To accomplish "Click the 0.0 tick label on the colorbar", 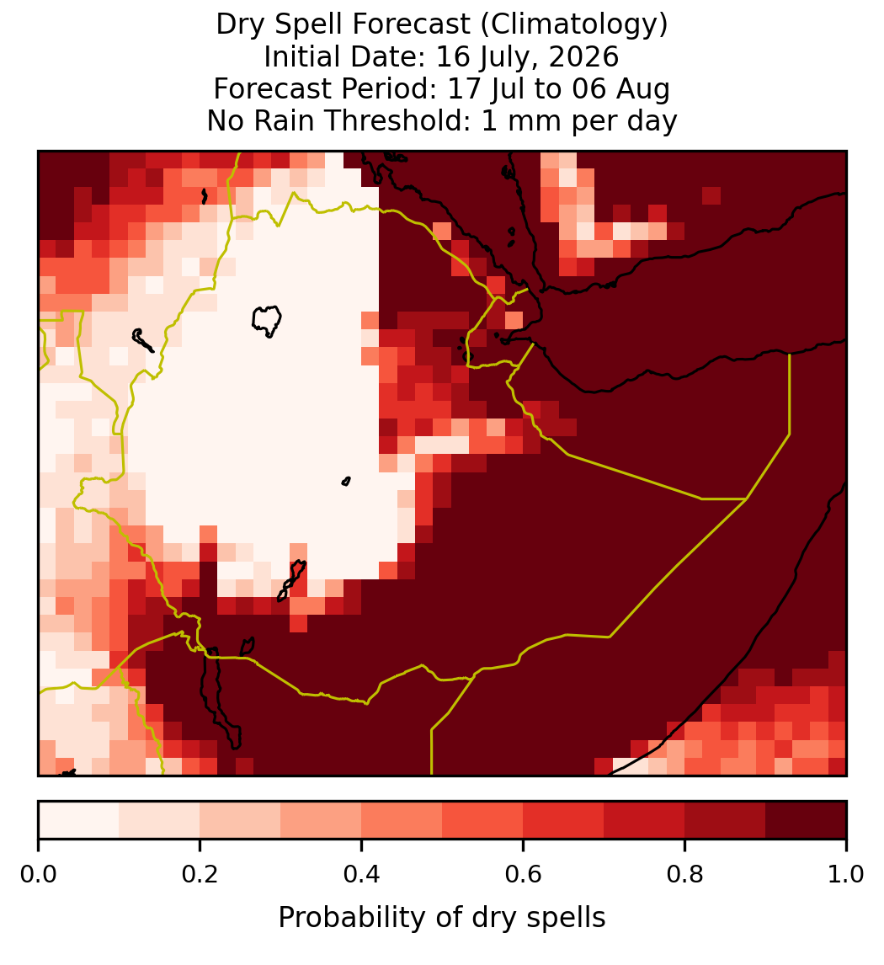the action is click(38, 874).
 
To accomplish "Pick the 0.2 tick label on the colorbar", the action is click(200, 874).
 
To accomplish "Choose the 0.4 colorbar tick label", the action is click(362, 874).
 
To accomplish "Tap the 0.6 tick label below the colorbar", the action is click(524, 874).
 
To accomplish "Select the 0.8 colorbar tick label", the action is click(684, 874).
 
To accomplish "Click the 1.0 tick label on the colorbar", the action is click(846, 874).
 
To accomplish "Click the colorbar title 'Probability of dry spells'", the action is click(442, 918).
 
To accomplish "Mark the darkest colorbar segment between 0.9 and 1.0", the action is click(806, 820).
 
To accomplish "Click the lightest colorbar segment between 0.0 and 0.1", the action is click(79, 820).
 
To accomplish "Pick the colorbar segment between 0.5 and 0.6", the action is click(483, 820).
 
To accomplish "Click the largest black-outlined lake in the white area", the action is click(266, 321).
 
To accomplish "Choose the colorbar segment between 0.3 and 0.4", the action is click(321, 820).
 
